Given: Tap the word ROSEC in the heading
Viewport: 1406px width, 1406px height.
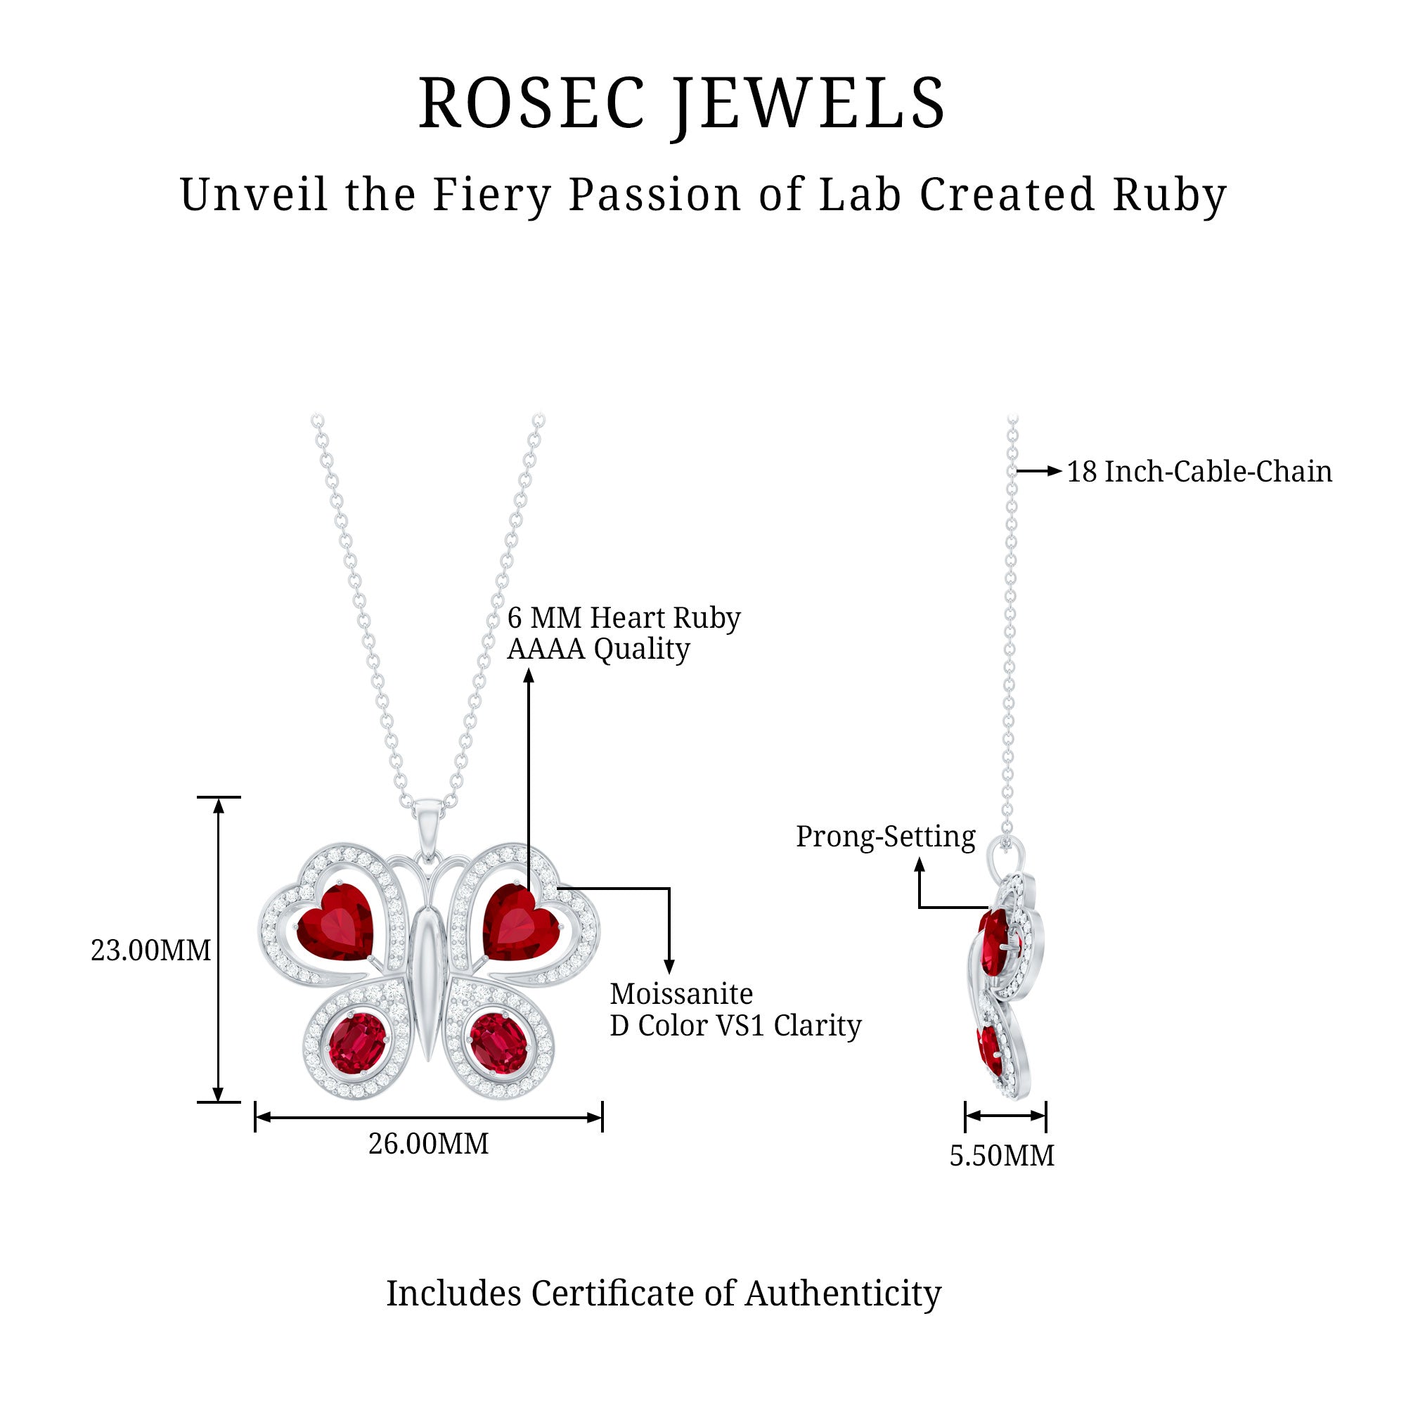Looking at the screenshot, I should (532, 103).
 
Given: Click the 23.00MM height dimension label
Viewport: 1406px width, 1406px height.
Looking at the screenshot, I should (150, 950).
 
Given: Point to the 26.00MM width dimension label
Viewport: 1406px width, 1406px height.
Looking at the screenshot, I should (429, 1144).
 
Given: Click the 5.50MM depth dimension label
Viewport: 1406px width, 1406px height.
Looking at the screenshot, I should (1001, 1156).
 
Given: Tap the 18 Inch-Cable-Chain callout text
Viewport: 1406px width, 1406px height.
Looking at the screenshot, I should (1199, 472).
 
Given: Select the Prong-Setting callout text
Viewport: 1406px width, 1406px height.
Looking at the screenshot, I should (885, 836).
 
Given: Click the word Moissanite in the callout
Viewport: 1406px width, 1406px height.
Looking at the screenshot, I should (681, 994).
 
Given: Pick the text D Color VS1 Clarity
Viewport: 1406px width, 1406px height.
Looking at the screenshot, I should (735, 1026).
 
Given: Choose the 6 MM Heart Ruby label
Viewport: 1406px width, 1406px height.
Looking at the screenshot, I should (624, 618).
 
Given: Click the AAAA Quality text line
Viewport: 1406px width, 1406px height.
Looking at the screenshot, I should (598, 649).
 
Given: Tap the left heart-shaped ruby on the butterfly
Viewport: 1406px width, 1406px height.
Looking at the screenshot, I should (336, 923).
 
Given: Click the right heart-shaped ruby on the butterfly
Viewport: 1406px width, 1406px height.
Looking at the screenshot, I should (519, 923).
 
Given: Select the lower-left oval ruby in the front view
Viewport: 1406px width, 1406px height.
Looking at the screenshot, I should (356, 1043).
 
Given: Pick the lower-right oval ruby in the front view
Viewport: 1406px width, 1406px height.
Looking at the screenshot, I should (498, 1043).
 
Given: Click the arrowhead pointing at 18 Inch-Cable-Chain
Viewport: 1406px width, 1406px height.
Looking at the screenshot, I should (1054, 472).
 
